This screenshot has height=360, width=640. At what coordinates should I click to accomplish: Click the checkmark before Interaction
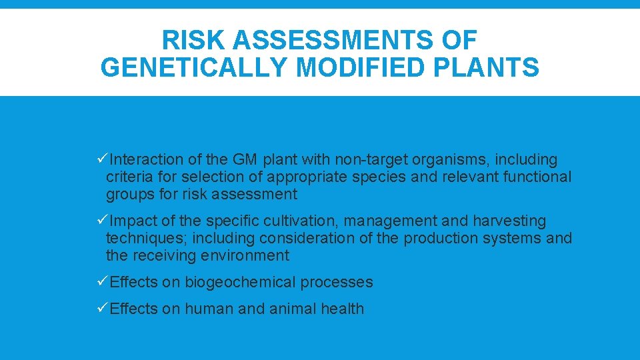pyautogui.click(x=102, y=159)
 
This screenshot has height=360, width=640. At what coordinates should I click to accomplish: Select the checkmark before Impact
pyautogui.click(x=102, y=221)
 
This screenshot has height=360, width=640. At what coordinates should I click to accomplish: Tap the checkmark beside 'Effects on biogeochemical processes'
pyautogui.click(x=102, y=282)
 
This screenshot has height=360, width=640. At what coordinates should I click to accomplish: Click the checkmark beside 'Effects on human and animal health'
pyautogui.click(x=102, y=309)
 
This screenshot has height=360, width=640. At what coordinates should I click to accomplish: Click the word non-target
pyautogui.click(x=370, y=159)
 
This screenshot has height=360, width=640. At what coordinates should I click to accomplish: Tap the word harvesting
pyautogui.click(x=506, y=221)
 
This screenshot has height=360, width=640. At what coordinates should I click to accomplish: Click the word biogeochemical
pyautogui.click(x=240, y=283)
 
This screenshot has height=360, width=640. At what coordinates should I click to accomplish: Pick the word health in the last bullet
pyautogui.click(x=341, y=309)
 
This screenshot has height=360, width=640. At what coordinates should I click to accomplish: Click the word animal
pyautogui.click(x=293, y=309)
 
